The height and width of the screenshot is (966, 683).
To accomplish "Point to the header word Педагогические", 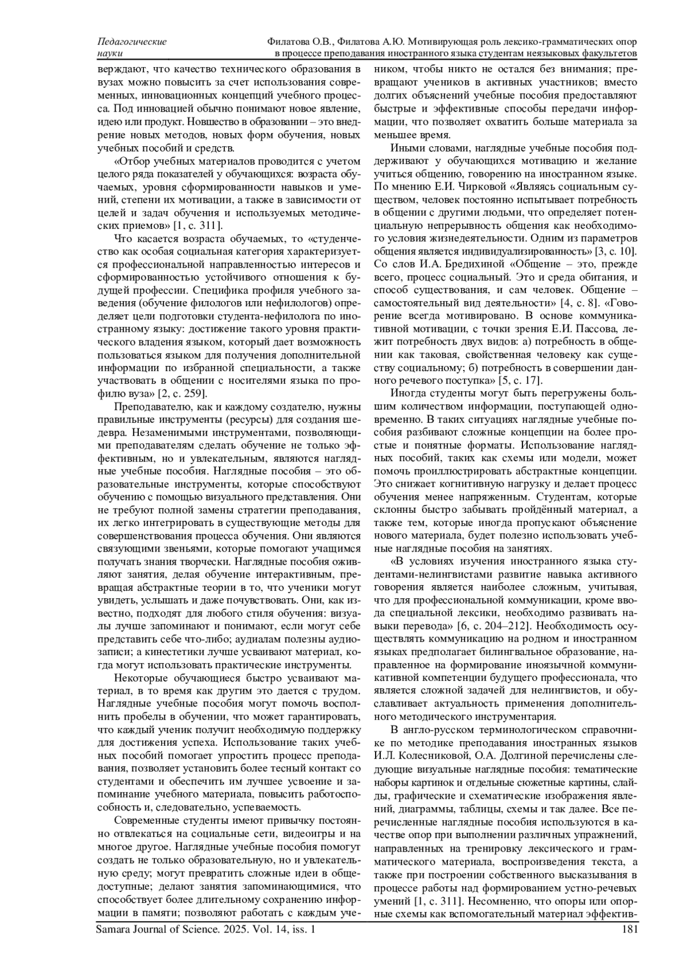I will [132, 42].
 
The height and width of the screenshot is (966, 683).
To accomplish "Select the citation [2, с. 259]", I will [182, 393].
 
